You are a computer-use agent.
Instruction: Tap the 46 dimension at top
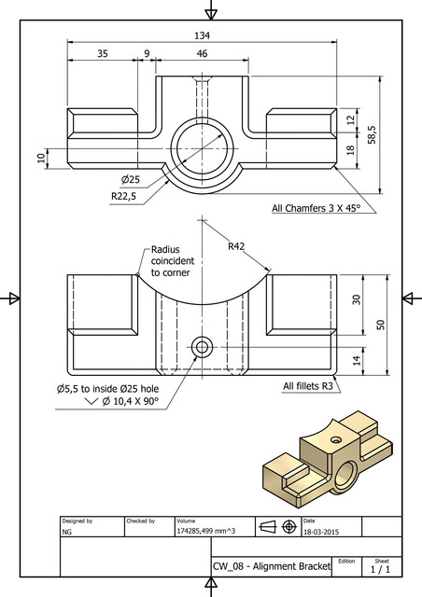coord(202,54)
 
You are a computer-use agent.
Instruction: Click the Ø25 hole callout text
coord(131,179)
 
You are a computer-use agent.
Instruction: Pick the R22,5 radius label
coord(124,196)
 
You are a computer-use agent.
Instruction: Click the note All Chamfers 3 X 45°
coord(315,208)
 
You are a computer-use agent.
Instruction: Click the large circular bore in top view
coord(202,148)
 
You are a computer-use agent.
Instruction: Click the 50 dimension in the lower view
coord(379,324)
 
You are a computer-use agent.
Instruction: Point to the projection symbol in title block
coord(276,526)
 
